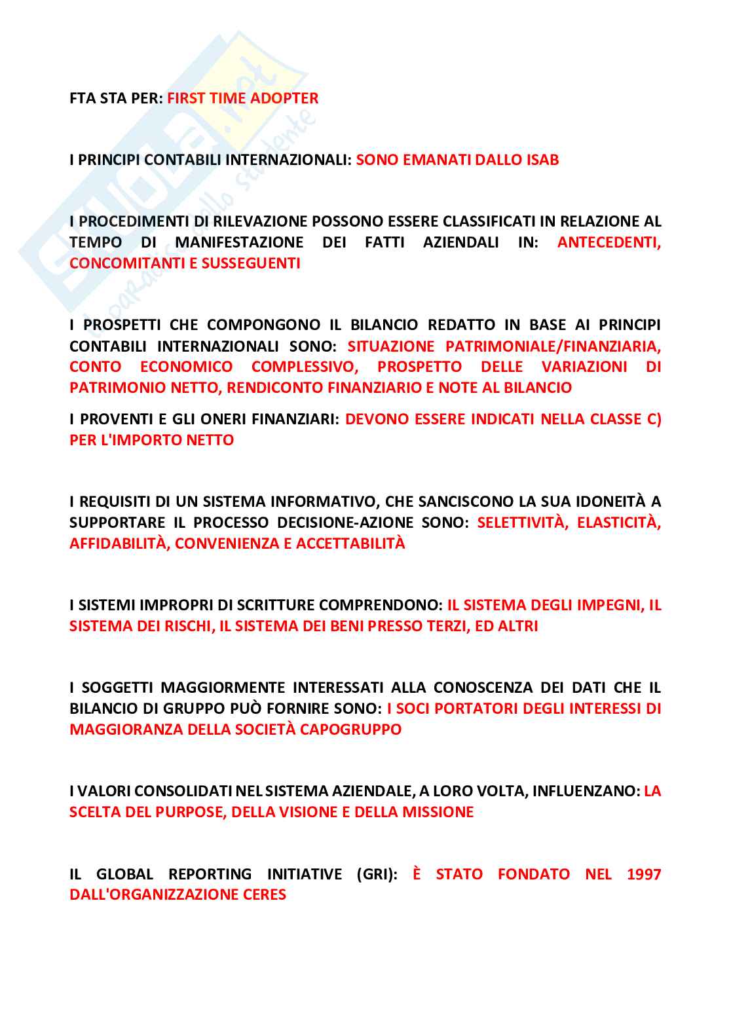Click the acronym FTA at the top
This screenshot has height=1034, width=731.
pos(83,98)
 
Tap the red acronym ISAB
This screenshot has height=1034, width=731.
pos(542,160)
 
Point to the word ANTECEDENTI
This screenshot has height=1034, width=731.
pos(609,242)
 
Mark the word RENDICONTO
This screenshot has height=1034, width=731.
pos(274,388)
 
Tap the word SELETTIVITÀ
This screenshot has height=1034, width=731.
pos(523,523)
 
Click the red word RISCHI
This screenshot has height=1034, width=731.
pos(192,626)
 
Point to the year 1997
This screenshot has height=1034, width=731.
pos(644,874)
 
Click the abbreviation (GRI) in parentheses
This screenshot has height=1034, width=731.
pos(377,874)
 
